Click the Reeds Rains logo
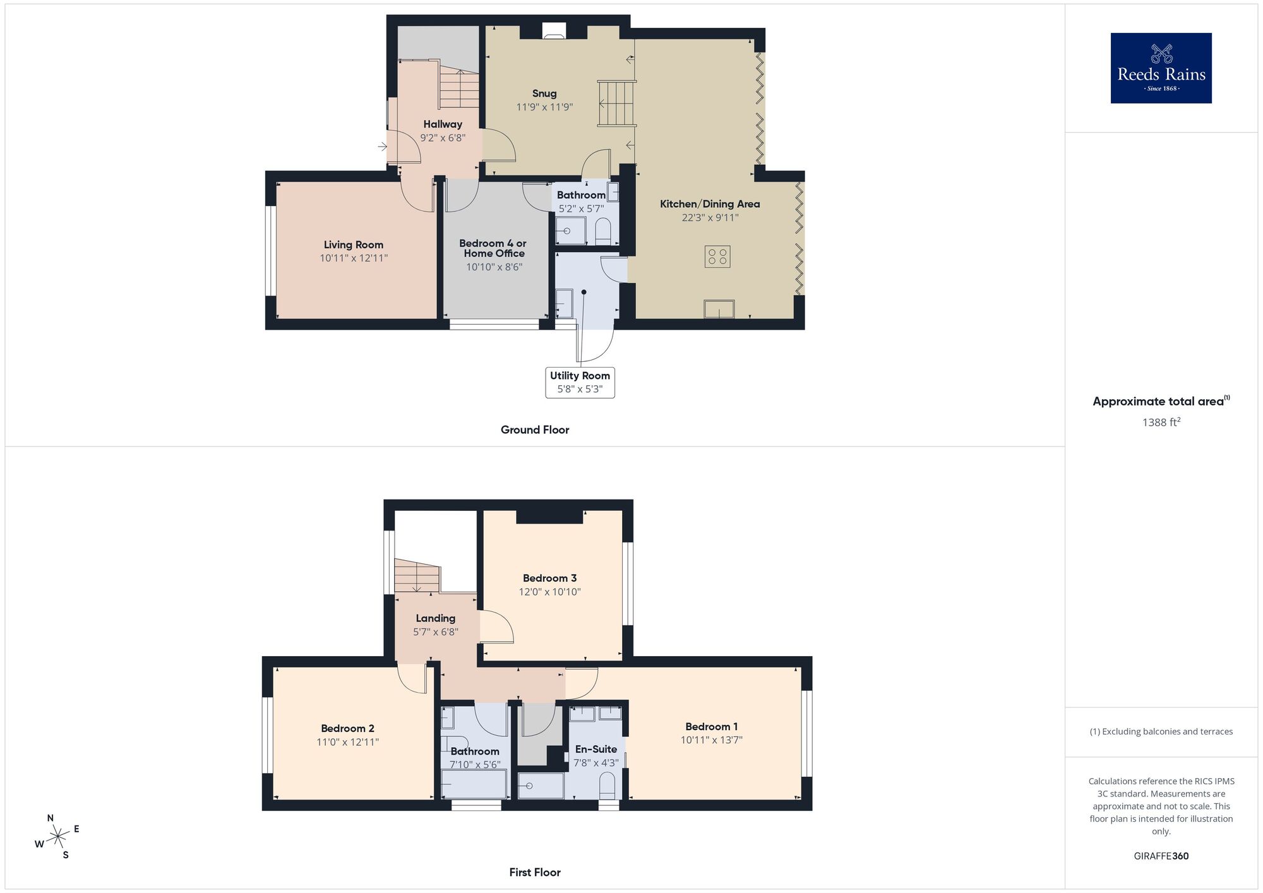1161,68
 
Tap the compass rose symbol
58,837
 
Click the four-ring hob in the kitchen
717,256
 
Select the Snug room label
544,93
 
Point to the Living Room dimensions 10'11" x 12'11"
354,258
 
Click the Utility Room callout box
580,382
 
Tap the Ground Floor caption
535,429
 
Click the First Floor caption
535,872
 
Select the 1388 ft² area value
1161,422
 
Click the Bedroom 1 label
711,726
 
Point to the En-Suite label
596,749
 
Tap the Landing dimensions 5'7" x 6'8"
436,632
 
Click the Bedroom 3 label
549,578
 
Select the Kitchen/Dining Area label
710,203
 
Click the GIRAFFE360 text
1161,856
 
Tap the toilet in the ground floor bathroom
603,231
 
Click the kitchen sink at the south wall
719,309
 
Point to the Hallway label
443,124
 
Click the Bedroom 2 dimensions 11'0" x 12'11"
347,742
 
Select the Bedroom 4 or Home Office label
493,248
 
